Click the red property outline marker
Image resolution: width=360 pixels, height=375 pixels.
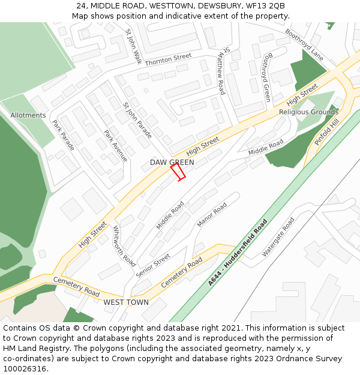[178, 172]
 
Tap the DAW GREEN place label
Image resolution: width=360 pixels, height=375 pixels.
[172, 163]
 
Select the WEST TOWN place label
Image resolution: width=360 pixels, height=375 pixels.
[126, 302]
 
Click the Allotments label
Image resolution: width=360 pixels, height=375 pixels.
[28, 115]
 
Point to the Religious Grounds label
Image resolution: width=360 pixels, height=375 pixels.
[308, 112]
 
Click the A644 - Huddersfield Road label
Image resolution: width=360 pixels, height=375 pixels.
[238, 253]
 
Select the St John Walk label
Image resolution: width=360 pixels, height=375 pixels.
[133, 47]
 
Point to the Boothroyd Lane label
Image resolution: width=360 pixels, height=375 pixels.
[304, 44]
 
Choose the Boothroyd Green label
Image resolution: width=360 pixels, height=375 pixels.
[267, 77]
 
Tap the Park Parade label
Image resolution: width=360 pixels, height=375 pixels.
[64, 135]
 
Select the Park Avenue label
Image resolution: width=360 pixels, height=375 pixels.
[116, 146]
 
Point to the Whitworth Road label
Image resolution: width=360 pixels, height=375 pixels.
[124, 247]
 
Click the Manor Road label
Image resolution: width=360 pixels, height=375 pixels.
[212, 215]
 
